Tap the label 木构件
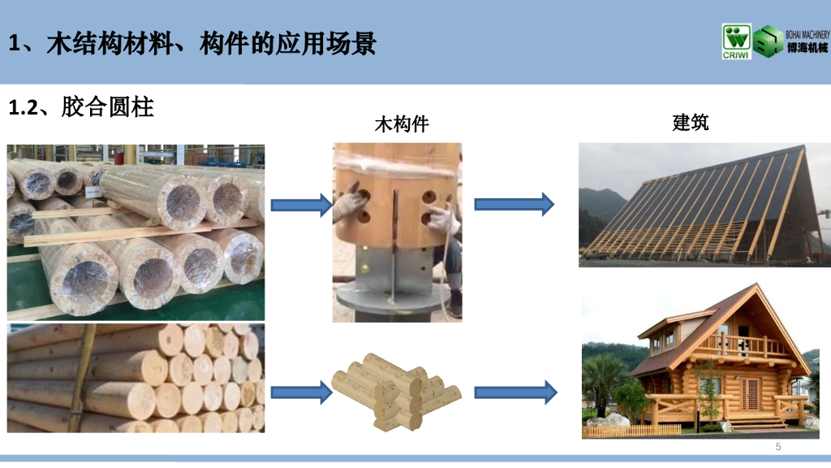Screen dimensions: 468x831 401,124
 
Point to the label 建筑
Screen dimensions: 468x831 691,123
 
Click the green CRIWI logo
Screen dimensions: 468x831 737,42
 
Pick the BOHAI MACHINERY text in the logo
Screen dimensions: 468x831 807,35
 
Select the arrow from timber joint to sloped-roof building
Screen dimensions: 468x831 515,204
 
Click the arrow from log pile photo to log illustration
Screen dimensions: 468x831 301,392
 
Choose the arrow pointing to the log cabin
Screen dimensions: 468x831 515,392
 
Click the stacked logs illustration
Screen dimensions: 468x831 395,392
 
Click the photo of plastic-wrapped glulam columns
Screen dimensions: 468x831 136,231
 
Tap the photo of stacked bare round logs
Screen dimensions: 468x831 136,378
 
